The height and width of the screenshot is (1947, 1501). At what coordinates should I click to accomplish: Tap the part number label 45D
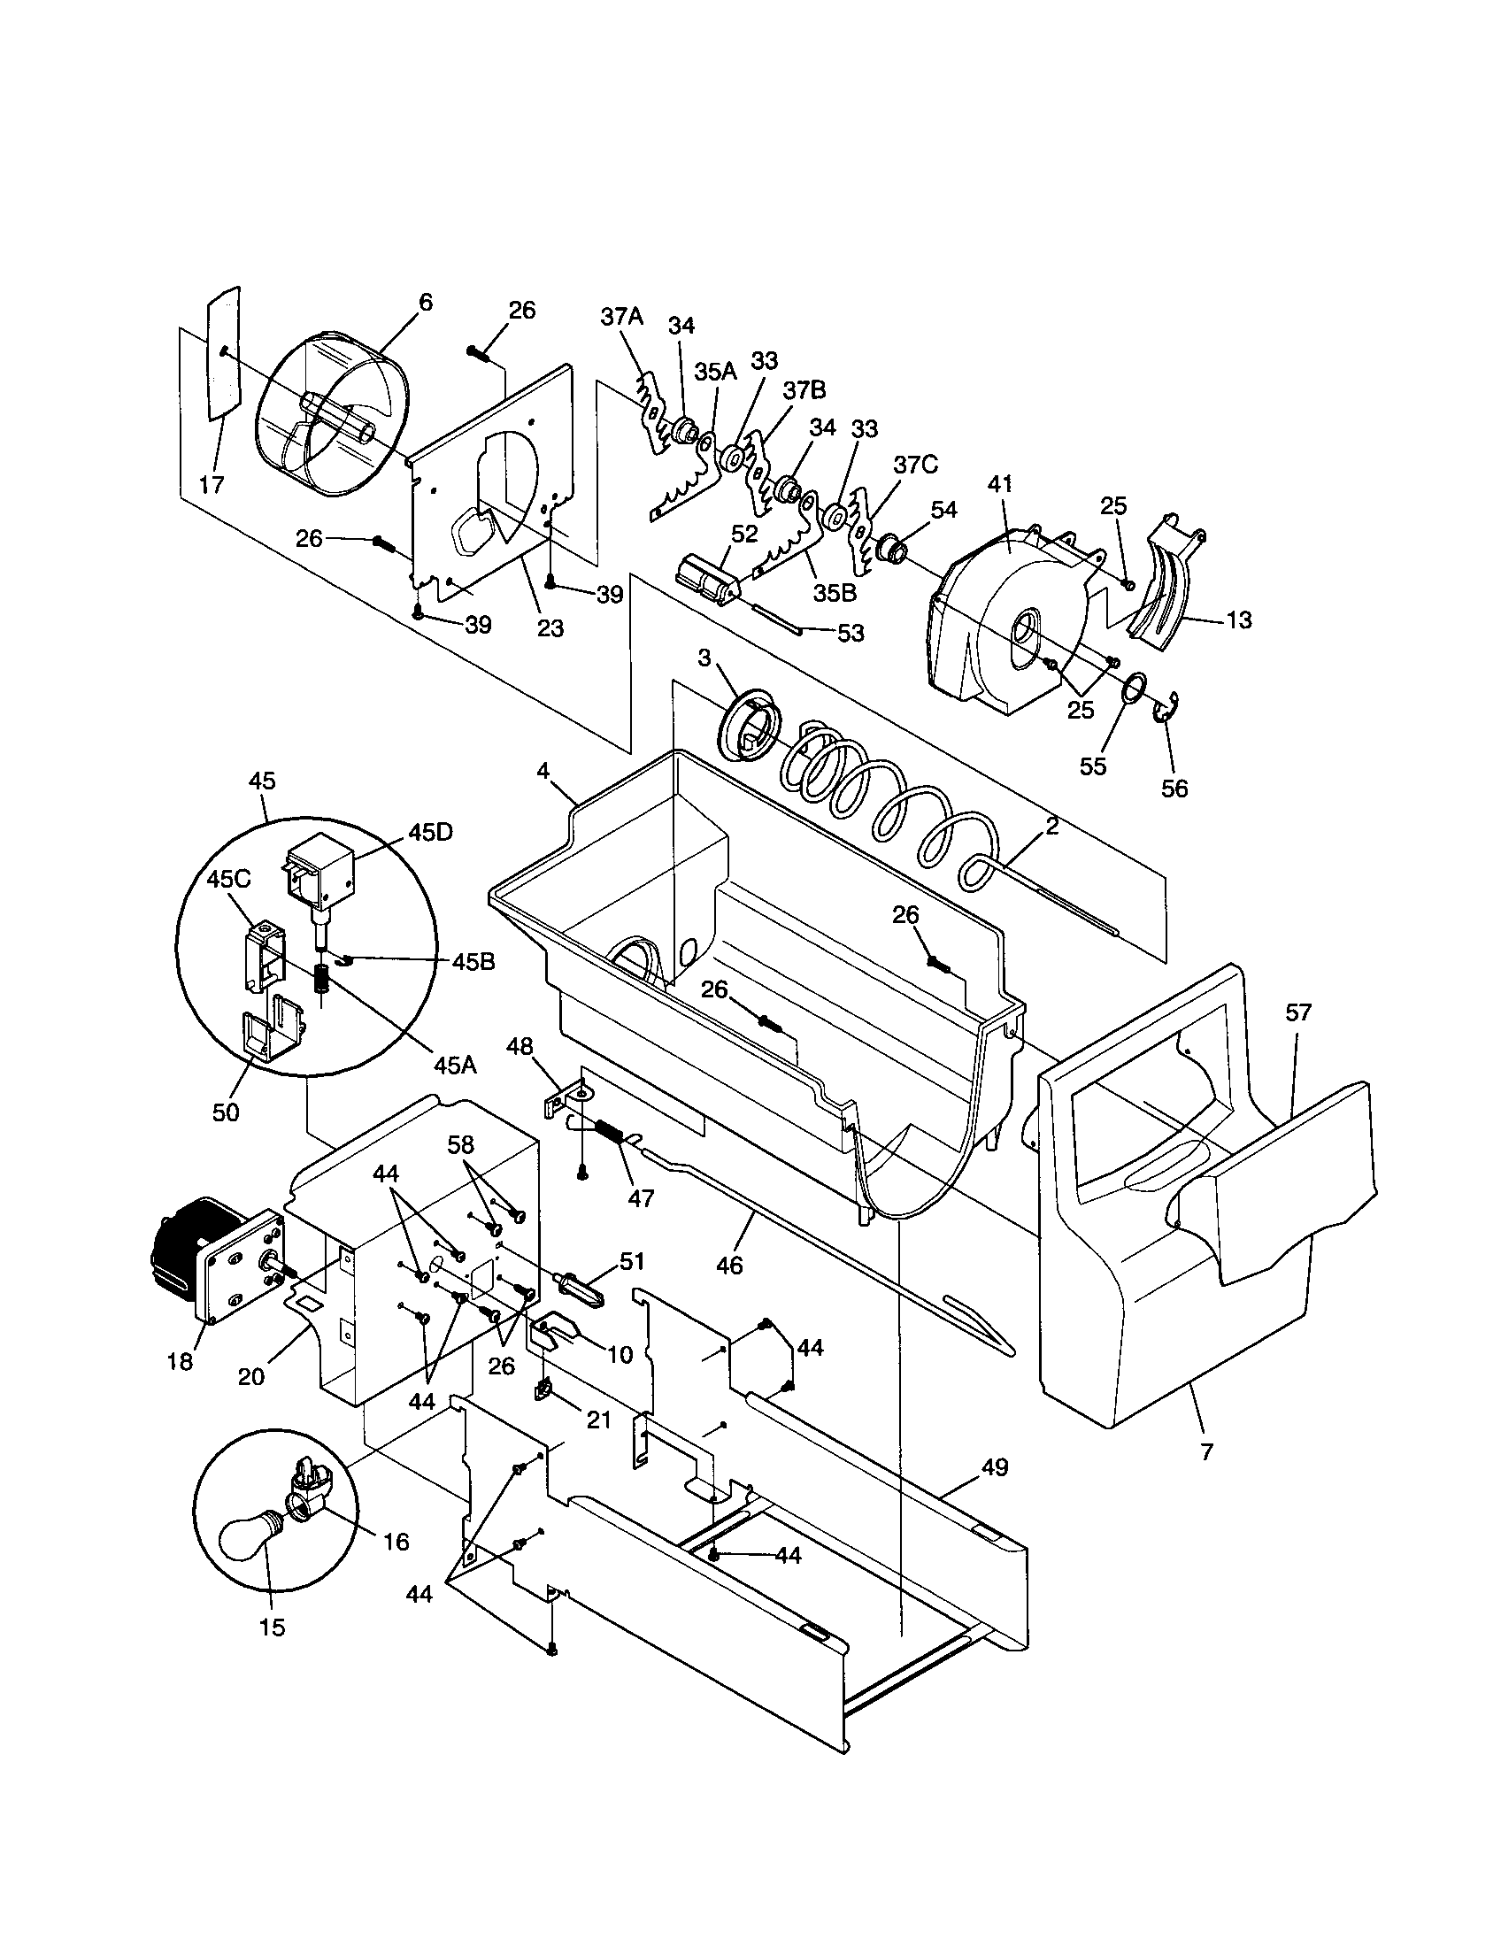tap(430, 831)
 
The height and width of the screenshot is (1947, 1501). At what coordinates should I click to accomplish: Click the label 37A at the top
tap(621, 317)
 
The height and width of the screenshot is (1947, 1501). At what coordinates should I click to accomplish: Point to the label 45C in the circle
tap(229, 878)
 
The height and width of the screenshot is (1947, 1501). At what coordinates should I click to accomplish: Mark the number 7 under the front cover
tap(1207, 1452)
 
